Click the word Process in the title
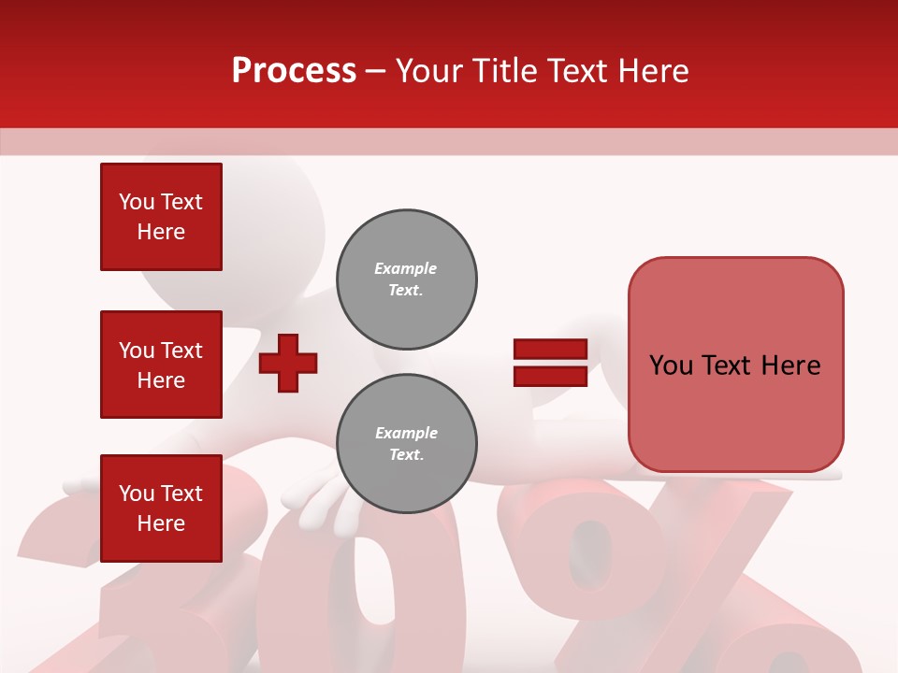pyautogui.click(x=294, y=71)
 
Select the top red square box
pyautogui.click(x=161, y=217)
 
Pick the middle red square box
pyautogui.click(x=161, y=365)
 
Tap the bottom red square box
pyautogui.click(x=161, y=508)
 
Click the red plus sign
pyautogui.click(x=288, y=363)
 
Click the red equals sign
pyautogui.click(x=550, y=363)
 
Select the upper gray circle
pyautogui.click(x=406, y=279)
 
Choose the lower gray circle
pyautogui.click(x=406, y=444)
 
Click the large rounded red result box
pyautogui.click(x=735, y=365)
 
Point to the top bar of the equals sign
pyautogui.click(x=550, y=350)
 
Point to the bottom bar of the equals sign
pyautogui.click(x=550, y=377)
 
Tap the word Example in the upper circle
pyautogui.click(x=406, y=268)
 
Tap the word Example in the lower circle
pyautogui.click(x=406, y=433)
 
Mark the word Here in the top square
pyautogui.click(x=161, y=232)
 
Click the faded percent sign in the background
pyautogui.click(x=655, y=580)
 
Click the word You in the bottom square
pyautogui.click(x=137, y=494)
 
